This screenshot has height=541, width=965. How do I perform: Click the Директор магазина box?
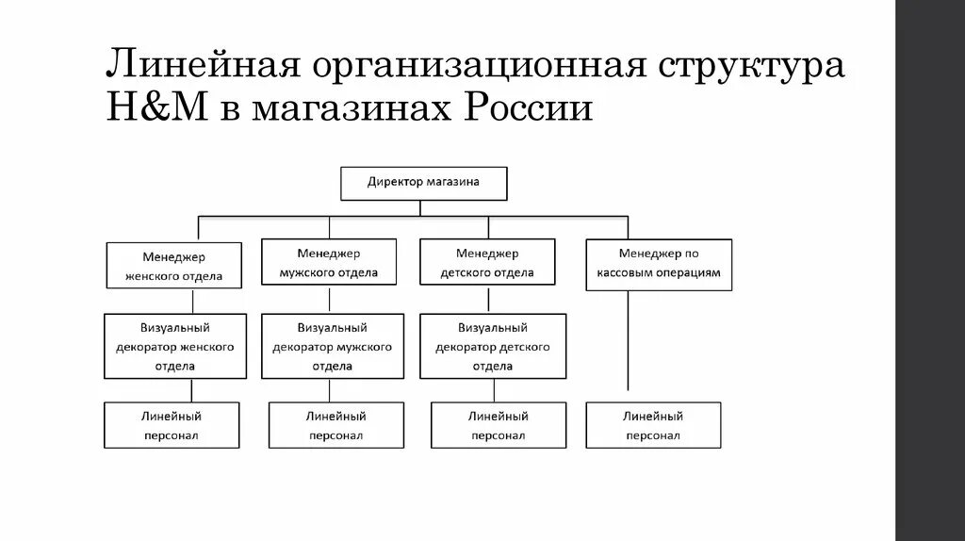pyautogui.click(x=423, y=183)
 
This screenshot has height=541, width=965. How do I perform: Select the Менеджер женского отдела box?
pyautogui.click(x=173, y=266)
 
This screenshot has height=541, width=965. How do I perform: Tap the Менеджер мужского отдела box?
pyautogui.click(x=329, y=263)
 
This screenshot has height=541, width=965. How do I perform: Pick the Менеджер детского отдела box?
pyautogui.click(x=487, y=263)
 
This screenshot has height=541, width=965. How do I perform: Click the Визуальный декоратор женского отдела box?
pyautogui.click(x=175, y=346)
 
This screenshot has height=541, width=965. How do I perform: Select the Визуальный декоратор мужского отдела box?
pyautogui.click(x=332, y=346)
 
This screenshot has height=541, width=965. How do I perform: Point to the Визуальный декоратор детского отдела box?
pyautogui.click(x=493, y=346)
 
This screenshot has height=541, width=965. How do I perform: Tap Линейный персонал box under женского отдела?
pyautogui.click(x=172, y=425)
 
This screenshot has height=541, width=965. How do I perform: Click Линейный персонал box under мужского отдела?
pyautogui.click(x=335, y=425)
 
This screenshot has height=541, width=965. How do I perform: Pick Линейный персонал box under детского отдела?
pyautogui.click(x=499, y=425)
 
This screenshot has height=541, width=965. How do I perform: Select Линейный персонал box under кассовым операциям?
pyautogui.click(x=652, y=425)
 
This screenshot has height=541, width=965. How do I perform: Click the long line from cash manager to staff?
pyautogui.click(x=628, y=339)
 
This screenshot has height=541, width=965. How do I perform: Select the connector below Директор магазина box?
pyautogui.click(x=424, y=208)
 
